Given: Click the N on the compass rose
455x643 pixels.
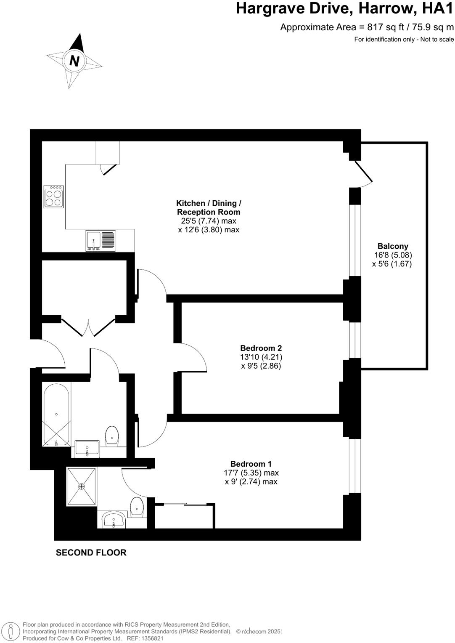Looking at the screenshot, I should (74, 61).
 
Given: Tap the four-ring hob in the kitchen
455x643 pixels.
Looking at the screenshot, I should (54, 197).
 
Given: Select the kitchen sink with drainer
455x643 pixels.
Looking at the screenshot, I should (101, 241).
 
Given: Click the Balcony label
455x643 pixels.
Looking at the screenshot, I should (393, 246).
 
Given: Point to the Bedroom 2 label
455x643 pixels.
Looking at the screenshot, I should (261, 348).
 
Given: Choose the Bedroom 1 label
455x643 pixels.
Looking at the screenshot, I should (251, 464).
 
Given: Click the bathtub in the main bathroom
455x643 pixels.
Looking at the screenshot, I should (56, 415).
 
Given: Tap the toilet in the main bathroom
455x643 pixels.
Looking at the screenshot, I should (112, 435).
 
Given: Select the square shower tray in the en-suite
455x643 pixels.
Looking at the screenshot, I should (82, 486).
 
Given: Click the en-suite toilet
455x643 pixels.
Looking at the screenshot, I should (137, 507).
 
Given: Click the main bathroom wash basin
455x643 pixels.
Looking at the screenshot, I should (87, 449).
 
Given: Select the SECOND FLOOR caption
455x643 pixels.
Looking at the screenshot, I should (91, 553).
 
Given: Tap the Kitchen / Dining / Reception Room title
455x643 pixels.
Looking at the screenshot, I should (209, 207).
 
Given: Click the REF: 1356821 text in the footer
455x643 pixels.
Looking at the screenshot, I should (143, 638).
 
